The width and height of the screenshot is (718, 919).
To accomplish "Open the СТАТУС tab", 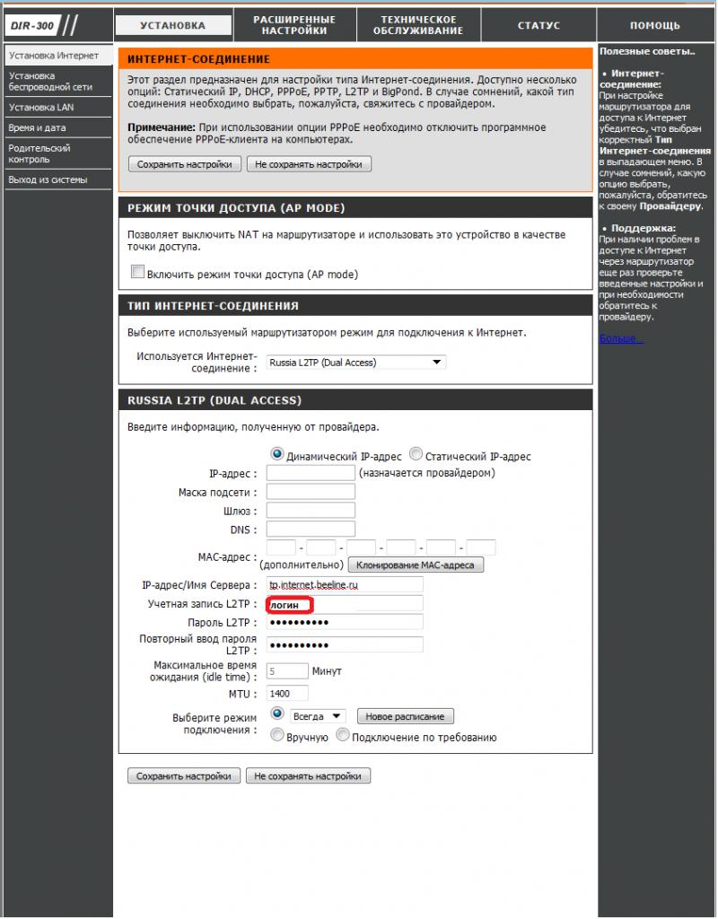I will tap(538, 25).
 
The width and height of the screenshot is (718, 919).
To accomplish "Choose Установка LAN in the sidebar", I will tap(41, 107).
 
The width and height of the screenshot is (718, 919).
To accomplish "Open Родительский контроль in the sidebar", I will tap(39, 153).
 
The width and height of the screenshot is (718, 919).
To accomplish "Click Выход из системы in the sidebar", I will tap(48, 179).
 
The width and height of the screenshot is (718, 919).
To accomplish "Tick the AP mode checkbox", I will tap(137, 273).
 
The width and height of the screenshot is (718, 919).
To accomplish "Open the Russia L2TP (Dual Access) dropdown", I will tap(356, 363).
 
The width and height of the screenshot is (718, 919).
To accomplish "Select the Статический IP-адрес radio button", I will tap(416, 455).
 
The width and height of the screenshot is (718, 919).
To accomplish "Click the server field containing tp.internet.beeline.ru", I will tap(345, 585).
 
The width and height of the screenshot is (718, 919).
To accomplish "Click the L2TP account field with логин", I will tap(345, 604).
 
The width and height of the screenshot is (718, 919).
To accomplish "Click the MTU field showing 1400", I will tap(287, 694).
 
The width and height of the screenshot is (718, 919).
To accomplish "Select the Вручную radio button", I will tap(277, 736).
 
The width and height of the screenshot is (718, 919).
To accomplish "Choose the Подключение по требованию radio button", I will tap(342, 736).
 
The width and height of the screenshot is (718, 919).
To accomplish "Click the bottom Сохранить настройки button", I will tap(184, 776).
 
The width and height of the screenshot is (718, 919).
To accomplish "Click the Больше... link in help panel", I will tap(621, 338).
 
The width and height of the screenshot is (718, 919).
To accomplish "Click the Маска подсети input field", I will tap(311, 492).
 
